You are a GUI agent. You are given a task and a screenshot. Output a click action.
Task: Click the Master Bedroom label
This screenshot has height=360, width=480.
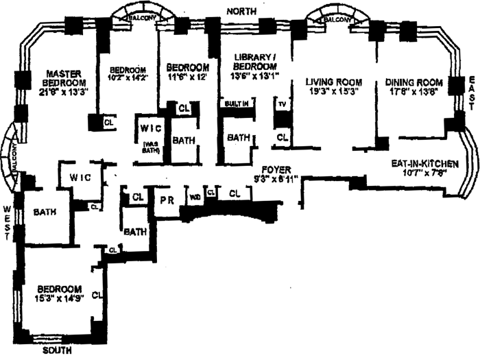point(65,79)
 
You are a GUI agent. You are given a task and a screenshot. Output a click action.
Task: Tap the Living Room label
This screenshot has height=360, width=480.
point(332,83)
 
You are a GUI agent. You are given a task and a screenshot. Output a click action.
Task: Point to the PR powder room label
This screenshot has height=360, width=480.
point(165,201)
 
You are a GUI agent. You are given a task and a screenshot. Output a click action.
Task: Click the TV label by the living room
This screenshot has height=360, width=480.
point(281,106)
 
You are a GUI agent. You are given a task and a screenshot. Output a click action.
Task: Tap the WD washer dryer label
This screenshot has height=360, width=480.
point(195,197)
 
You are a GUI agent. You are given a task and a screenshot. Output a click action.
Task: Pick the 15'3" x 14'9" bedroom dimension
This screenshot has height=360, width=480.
point(60,299)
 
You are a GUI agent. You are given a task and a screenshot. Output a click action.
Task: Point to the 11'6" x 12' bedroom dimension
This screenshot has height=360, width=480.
point(187,77)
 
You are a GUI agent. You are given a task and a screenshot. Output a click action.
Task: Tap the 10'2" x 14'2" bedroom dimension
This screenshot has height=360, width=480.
point(128,78)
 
